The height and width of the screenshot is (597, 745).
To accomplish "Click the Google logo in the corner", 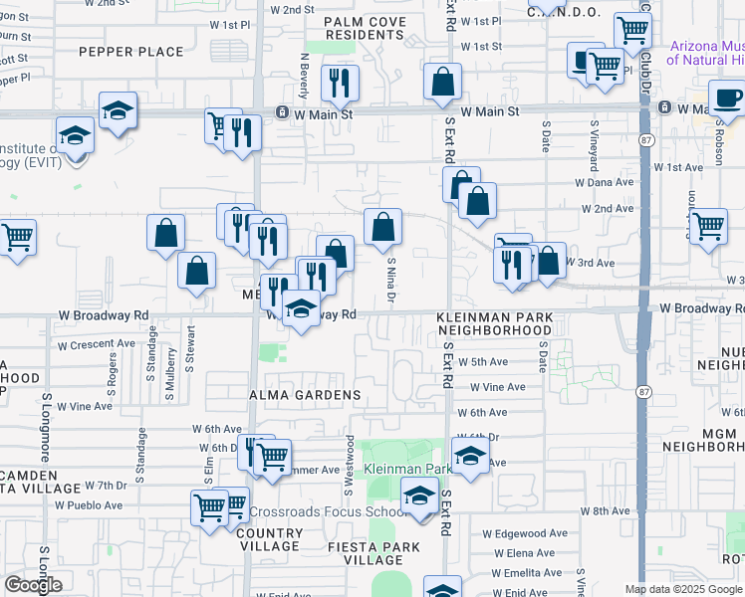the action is coord(33,585).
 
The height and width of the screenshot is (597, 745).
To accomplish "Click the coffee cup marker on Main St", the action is coord(726,99).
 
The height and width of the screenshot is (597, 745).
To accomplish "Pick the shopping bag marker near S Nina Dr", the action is coord(382,228).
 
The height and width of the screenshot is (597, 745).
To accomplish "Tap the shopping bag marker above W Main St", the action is coord(442,82).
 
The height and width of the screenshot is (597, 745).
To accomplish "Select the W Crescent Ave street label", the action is coord(96,345).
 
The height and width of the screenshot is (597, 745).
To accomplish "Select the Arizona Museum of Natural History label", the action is coord(707,53).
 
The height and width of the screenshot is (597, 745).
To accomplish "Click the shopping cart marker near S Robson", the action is coord(708,226).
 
